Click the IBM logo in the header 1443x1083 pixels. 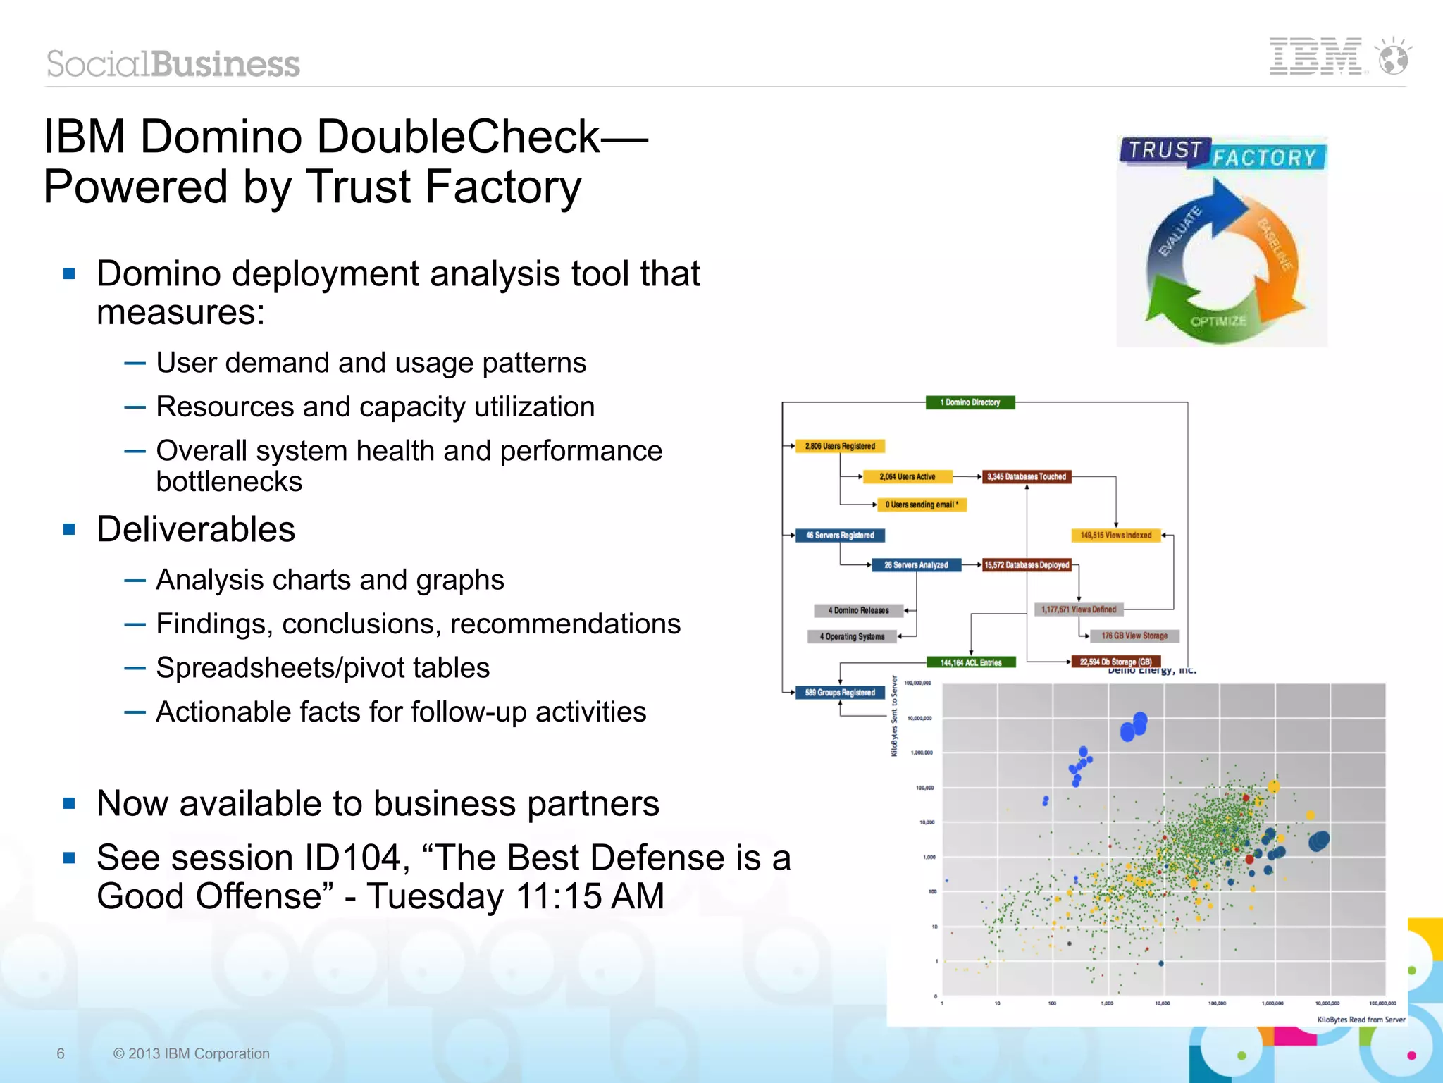(1315, 56)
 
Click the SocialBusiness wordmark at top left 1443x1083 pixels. (173, 64)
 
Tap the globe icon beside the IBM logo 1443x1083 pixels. (1394, 58)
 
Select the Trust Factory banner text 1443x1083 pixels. (1223, 154)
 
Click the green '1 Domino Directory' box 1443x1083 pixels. (970, 402)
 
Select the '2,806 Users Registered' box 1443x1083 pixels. (840, 446)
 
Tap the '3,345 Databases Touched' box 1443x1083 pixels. (1027, 477)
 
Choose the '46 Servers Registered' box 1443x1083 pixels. (840, 536)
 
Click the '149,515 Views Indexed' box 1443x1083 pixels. (1116, 536)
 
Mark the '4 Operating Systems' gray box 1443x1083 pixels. (853, 637)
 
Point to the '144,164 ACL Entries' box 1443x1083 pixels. (971, 662)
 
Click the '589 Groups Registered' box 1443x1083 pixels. (840, 693)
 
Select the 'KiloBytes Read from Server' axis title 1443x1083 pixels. (1361, 1020)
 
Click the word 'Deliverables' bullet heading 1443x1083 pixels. (196, 529)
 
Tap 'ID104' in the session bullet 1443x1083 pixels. (357, 858)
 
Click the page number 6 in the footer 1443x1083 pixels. (61, 1053)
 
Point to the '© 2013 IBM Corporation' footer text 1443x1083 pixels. (191, 1053)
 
